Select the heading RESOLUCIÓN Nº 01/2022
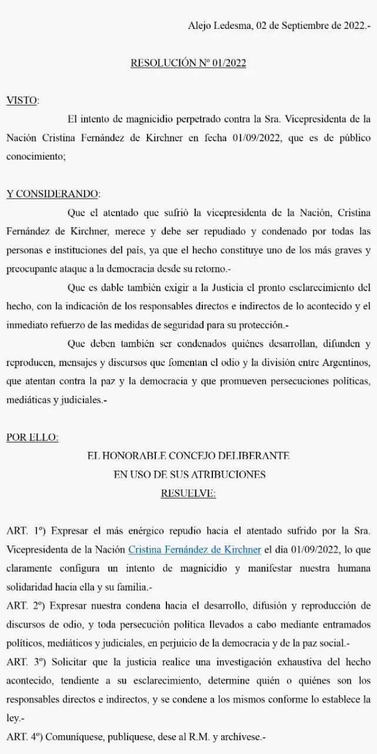tap(188, 63)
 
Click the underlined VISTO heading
tap(22, 100)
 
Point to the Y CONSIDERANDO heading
tap(53, 194)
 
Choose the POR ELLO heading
tap(32, 437)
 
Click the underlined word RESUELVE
tap(188, 493)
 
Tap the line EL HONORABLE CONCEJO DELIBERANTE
tap(188, 456)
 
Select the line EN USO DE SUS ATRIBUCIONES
tap(188, 474)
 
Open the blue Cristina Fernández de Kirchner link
tap(195, 550)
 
